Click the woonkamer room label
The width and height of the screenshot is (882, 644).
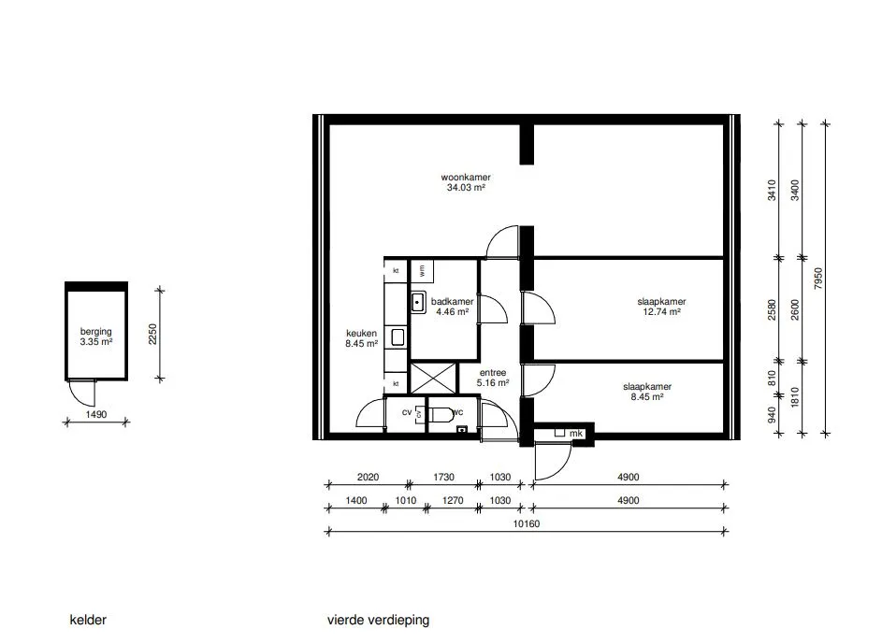466,178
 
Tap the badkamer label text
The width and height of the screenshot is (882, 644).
453,302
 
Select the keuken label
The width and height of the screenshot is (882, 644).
361,334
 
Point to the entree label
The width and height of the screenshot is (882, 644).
493,373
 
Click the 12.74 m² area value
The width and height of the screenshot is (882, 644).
661,312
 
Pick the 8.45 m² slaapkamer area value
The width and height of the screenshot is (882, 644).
647,396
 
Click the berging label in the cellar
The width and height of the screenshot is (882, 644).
96,332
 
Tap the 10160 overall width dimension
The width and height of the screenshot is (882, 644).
527,523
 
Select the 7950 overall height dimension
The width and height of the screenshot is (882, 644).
818,279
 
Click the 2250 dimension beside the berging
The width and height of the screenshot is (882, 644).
153,334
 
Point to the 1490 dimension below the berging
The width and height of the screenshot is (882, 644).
96,415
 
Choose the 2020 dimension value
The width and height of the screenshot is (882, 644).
368,477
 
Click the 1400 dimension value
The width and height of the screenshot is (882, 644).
356,501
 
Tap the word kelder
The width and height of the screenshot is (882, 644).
88,620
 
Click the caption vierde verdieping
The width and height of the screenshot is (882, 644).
378,620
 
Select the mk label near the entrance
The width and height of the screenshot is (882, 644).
576,434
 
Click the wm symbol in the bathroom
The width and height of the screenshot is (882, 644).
422,270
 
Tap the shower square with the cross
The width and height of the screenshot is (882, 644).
433,379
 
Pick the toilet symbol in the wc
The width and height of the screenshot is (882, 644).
441,414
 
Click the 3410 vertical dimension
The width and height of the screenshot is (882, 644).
772,190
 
